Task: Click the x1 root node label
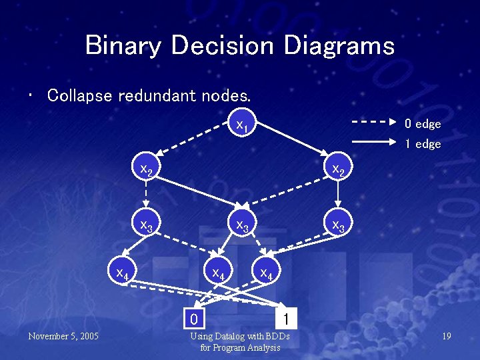pos(241,125)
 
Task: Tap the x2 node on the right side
pos(339,170)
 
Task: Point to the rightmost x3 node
pos(339,225)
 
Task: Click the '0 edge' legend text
pos(423,124)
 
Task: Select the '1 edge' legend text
pos(423,144)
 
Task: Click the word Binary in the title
pos(123,46)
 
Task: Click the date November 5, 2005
pos(63,336)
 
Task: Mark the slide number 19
pos(446,336)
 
